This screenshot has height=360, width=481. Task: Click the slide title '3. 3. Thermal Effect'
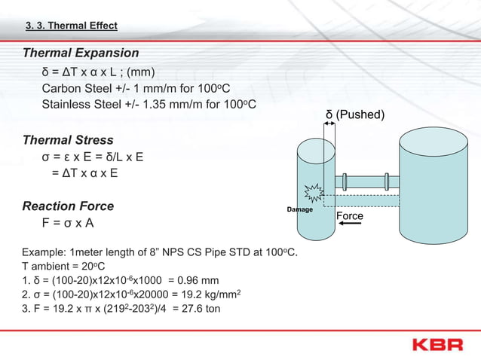(x=72, y=26)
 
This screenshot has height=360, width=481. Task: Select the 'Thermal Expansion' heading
(x=81, y=53)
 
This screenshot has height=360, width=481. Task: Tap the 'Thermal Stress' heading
(x=68, y=140)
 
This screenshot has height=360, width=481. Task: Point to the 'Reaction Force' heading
(x=69, y=206)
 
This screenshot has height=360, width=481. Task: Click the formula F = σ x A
(x=69, y=224)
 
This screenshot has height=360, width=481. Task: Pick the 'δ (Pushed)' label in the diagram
(x=355, y=114)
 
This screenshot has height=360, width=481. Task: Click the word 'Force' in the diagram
(x=349, y=216)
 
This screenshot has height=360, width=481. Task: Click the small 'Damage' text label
(x=300, y=209)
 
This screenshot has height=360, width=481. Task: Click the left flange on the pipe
(x=345, y=182)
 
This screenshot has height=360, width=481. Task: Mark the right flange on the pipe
(x=387, y=182)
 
